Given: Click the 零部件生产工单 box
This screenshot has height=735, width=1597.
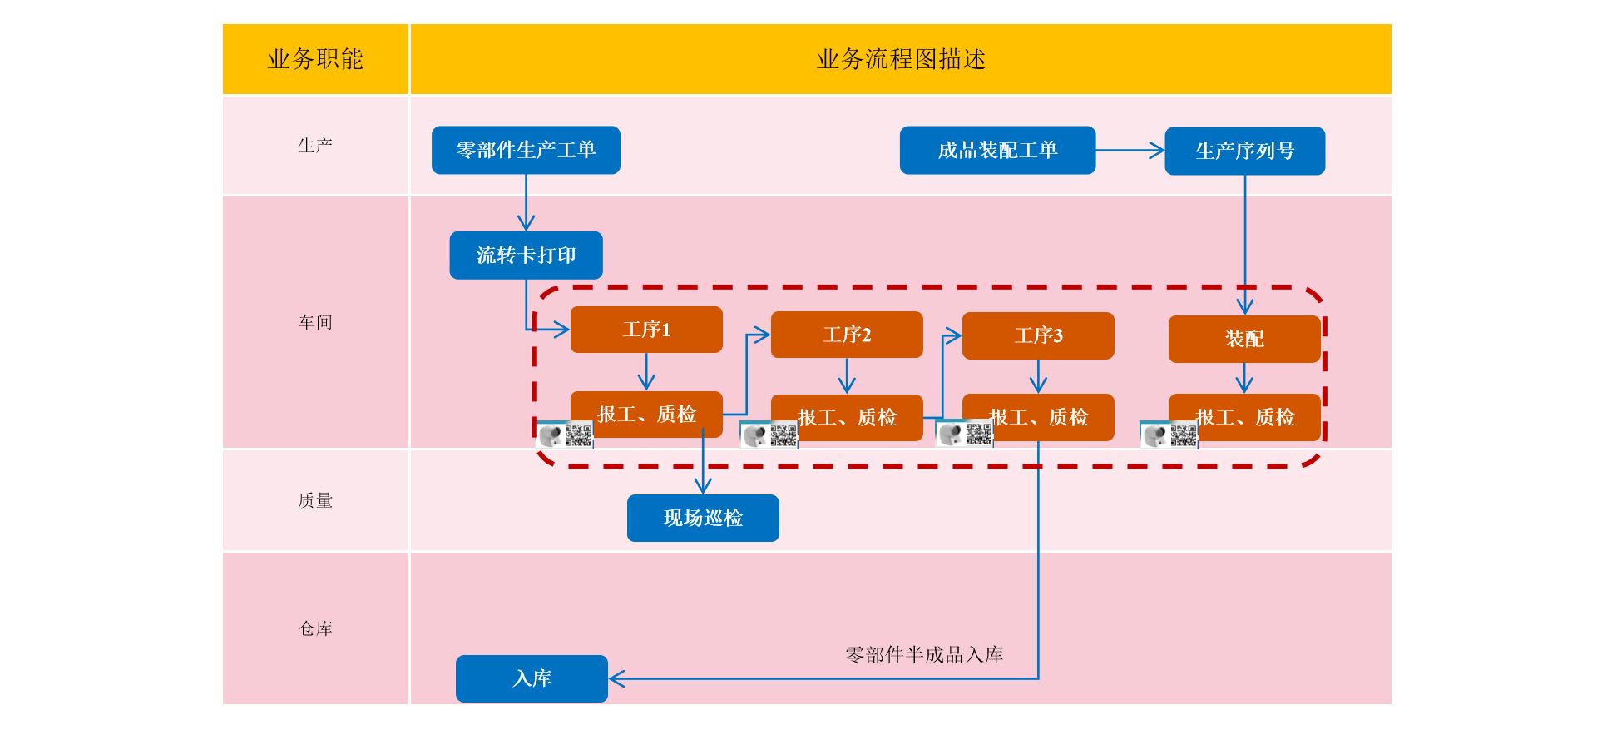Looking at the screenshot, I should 526,150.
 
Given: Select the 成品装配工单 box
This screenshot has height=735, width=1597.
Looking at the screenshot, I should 997,150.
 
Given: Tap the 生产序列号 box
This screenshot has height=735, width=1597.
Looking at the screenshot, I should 1244,151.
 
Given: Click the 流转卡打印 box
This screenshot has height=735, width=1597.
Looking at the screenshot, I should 526,255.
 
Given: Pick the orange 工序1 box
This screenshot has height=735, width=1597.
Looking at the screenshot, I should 646,330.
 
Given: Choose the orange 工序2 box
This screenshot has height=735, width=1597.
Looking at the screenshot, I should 847,335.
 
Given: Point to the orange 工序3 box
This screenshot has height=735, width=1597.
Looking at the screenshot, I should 1038,335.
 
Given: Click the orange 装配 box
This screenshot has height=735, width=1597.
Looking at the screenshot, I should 1244,339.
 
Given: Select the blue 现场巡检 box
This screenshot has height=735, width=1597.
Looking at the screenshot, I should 703,518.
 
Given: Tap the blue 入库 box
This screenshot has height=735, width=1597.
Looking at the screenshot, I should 532,678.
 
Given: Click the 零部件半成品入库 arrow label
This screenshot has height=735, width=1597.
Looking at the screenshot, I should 924,655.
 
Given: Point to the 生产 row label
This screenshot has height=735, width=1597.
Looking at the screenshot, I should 315,146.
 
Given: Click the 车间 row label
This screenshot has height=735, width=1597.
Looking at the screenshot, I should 315,322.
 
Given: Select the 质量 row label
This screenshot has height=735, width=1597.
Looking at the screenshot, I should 315,500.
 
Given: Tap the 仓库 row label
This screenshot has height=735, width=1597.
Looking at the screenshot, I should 315,628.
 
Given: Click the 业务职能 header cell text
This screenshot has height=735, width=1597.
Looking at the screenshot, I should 315,59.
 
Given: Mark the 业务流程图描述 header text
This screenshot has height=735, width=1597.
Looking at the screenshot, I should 901,59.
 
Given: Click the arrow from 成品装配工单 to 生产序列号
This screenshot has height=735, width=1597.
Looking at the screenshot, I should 1130,151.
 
